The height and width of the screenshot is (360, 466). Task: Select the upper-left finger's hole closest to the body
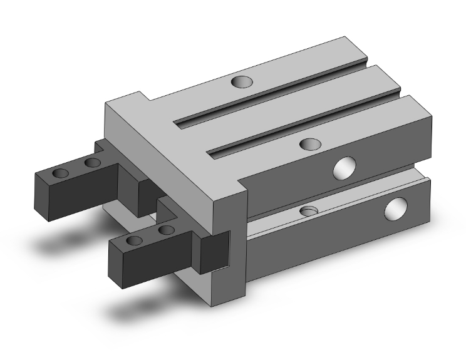coord(92,163)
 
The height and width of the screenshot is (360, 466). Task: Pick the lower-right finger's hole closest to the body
coord(166,231)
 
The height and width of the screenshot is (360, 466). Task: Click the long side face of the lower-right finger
coord(163,254)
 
